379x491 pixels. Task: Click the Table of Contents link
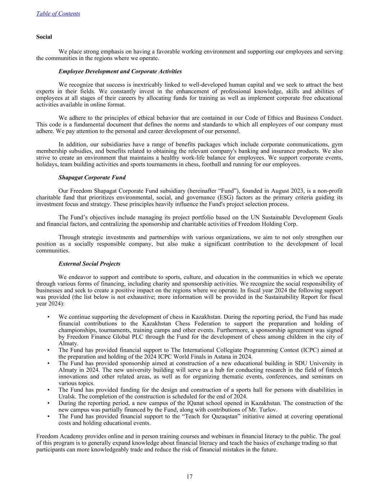pyautogui.click(x=58, y=14)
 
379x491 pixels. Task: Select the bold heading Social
pyautogui.click(x=44, y=37)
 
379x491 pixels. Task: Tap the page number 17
pyautogui.click(x=189, y=477)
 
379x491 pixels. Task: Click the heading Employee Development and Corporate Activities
pyautogui.click(x=120, y=71)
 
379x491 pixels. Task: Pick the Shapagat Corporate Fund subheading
pyautogui.click(x=92, y=177)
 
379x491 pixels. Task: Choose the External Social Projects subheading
pyautogui.click(x=89, y=264)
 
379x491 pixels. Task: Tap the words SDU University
pyautogui.click(x=315, y=363)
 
